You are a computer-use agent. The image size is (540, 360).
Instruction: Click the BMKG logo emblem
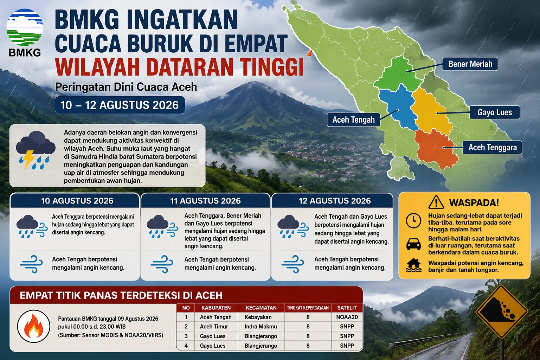point(25,27)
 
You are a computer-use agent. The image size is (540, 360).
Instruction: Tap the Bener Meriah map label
point(470,64)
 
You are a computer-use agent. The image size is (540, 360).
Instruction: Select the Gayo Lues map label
point(494,112)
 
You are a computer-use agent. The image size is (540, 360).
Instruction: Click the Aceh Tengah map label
point(353,120)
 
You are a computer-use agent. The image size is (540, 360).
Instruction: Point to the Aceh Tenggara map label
point(492,147)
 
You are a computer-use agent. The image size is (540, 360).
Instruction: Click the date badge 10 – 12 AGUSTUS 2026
point(120,105)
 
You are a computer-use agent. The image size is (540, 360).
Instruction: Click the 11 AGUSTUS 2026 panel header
point(205,201)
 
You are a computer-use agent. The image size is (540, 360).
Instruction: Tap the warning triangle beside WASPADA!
point(436,202)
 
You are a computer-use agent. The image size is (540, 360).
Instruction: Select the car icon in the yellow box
point(413,244)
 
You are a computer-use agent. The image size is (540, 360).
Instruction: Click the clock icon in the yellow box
point(413,221)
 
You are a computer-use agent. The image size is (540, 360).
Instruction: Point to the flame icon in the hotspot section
point(34,326)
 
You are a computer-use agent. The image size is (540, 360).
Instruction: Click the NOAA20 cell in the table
point(347,317)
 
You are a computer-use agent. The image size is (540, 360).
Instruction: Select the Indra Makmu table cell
point(261,327)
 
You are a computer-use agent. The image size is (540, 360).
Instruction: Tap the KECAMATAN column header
point(261,308)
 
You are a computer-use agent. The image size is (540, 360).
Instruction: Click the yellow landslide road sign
point(502,311)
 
